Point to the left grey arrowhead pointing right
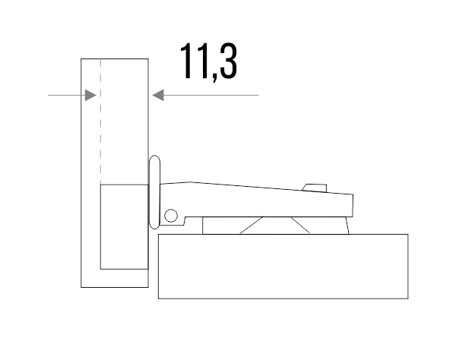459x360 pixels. point(90,95)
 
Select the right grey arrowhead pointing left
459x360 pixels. point(158,95)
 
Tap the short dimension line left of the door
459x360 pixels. point(65,95)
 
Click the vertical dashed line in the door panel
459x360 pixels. point(100,122)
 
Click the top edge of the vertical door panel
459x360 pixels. point(114,58)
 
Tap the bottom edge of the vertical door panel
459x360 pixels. point(114,287)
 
